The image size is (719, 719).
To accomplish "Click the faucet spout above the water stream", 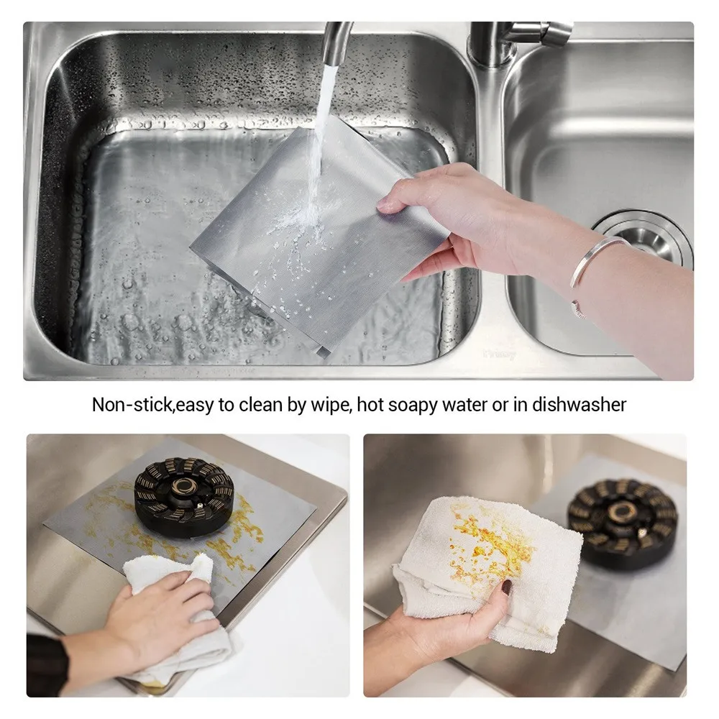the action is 337,44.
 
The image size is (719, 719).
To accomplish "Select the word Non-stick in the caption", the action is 132,405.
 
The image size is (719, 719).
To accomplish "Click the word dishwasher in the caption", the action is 579,405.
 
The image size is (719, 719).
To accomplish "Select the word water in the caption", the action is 464,406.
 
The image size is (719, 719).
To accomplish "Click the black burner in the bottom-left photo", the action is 183,497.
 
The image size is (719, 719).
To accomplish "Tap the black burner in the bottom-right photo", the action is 623,523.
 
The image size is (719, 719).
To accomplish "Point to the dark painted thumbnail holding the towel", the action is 507,587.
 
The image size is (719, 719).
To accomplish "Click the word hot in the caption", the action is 370,405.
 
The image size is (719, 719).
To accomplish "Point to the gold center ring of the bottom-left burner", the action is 184,485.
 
